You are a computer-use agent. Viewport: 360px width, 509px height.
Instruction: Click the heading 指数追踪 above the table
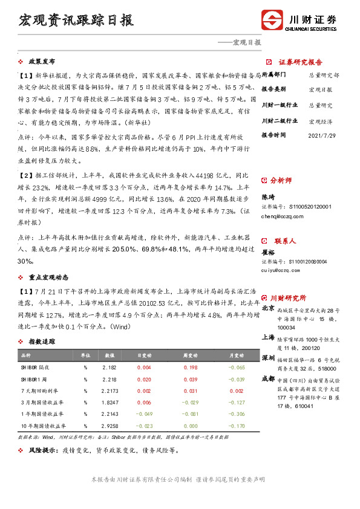pyautogui.click(x=42, y=342)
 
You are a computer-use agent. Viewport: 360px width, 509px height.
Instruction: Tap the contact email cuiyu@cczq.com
pyautogui.click(x=280, y=270)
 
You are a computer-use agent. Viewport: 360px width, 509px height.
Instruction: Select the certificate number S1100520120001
pyautogui.click(x=296, y=207)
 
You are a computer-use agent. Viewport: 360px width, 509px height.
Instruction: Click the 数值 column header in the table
pyautogui.click(x=110, y=355)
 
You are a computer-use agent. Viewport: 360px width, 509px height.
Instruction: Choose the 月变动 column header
pyautogui.click(x=237, y=355)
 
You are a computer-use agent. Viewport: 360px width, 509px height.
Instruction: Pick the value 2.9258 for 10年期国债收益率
pyautogui.click(x=110, y=425)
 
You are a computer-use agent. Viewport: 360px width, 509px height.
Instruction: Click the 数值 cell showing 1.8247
pyautogui.click(x=110, y=402)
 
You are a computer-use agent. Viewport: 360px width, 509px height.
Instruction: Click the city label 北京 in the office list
pyautogui.click(x=267, y=308)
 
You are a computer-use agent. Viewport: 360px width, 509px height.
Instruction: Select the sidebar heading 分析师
pyautogui.click(x=280, y=180)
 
